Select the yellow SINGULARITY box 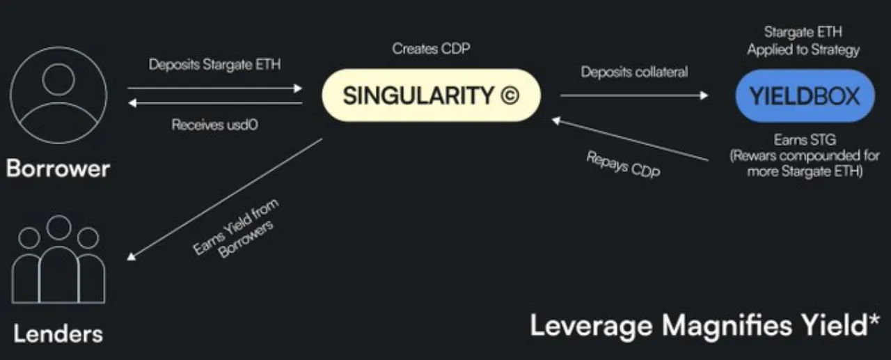pos(431,95)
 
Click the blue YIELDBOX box pos(805,95)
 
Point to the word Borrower pos(58,168)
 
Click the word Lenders pos(58,333)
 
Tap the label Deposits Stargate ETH pos(215,65)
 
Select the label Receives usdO pos(214,125)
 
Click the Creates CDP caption pos(431,49)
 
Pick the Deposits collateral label pos(634,72)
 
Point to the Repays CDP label pos(624,166)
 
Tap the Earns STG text pos(805,140)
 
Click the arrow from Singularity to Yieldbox pos(633,95)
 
